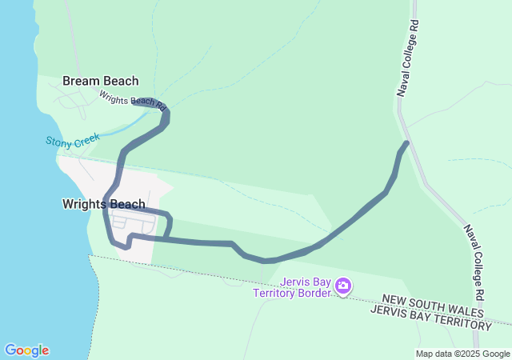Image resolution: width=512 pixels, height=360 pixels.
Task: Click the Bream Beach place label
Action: [x=100, y=81]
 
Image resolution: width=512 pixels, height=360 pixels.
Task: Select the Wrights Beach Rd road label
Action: [x=132, y=100]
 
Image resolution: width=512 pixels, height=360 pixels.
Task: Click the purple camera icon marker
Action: [x=343, y=286]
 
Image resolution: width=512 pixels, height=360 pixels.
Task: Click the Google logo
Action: [x=26, y=350]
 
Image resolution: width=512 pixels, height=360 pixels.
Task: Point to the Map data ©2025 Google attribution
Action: [x=462, y=354]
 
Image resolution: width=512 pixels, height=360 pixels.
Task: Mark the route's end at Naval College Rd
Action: [x=406, y=144]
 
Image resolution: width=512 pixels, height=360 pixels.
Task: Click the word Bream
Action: [x=81, y=81]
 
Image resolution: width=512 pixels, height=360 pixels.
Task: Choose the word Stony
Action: [x=58, y=143]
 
